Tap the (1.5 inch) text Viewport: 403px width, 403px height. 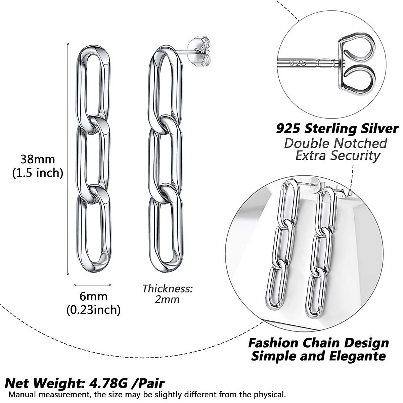[x=38, y=173]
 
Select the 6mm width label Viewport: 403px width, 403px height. [x=94, y=296]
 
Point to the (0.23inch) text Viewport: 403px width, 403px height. [x=94, y=309]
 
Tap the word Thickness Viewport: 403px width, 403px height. [x=167, y=288]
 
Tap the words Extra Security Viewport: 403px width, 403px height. [x=337, y=155]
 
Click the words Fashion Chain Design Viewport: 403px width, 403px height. [x=318, y=343]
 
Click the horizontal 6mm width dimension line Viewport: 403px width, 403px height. [x=92, y=285]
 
